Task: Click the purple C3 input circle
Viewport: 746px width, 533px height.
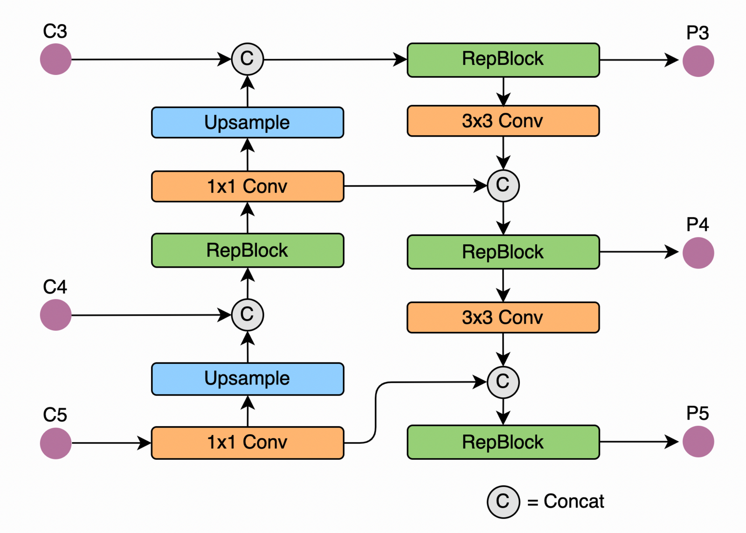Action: click(55, 59)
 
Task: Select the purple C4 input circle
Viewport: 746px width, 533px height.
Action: click(55, 315)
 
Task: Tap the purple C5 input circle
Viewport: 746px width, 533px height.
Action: click(55, 443)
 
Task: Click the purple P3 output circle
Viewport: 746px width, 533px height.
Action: click(698, 61)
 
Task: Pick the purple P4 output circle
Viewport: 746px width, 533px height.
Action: click(698, 253)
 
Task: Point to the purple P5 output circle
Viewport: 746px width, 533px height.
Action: click(698, 442)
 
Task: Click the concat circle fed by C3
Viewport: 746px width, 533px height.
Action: click(248, 59)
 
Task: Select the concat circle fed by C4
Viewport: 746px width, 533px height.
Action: click(248, 315)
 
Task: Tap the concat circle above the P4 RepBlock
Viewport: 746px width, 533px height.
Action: click(503, 186)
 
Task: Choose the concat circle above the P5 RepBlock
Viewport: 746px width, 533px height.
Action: click(503, 382)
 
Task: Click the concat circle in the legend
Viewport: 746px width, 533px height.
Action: click(503, 502)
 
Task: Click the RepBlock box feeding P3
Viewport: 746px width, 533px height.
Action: click(503, 60)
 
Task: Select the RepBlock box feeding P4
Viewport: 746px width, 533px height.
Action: click(503, 252)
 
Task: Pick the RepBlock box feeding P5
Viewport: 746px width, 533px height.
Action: click(503, 442)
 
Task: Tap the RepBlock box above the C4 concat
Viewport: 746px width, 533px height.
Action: click(248, 250)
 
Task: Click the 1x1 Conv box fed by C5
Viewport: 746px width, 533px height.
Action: click(248, 443)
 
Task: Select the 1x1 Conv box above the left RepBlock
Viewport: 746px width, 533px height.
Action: click(248, 187)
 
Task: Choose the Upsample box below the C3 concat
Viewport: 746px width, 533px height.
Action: click(248, 123)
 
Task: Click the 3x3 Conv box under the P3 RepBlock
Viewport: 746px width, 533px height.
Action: click(503, 121)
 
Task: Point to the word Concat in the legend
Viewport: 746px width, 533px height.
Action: click(573, 502)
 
